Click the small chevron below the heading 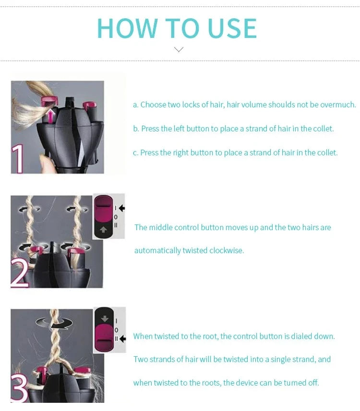[179, 49]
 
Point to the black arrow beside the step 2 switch [121, 208]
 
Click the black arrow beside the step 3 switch [121, 339]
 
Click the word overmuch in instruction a [338, 105]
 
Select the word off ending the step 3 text [313, 383]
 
